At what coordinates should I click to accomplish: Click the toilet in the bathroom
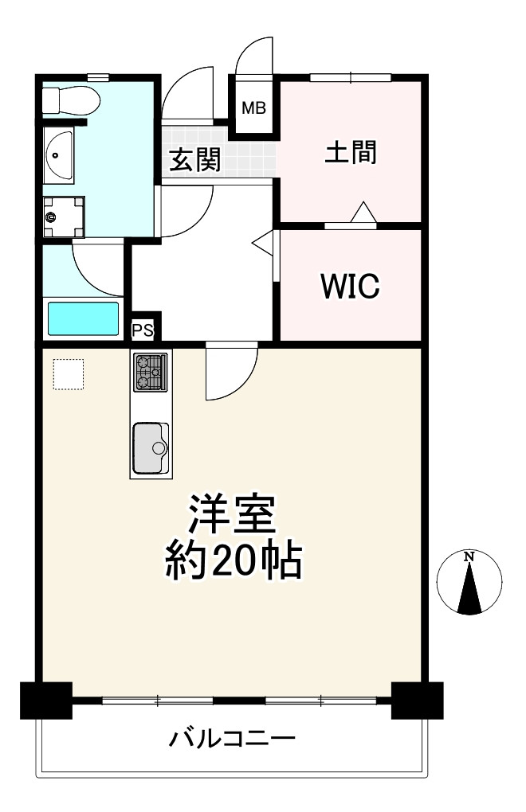pos(71,100)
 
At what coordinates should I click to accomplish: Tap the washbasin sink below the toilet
pos(57,154)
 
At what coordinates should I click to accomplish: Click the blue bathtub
pos(83,318)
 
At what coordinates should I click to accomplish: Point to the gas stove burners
pos(150,372)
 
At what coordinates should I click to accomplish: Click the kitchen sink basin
pos(151,448)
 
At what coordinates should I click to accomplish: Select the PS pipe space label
pos(143,330)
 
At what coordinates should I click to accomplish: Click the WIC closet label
pos(349,287)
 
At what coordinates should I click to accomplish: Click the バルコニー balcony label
pos(232,740)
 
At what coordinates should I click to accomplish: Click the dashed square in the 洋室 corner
pos(69,374)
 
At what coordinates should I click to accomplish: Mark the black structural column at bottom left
pos(45,700)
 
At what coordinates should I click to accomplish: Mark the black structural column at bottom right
pos(417,700)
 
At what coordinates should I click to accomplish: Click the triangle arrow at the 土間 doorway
pos(363,213)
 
